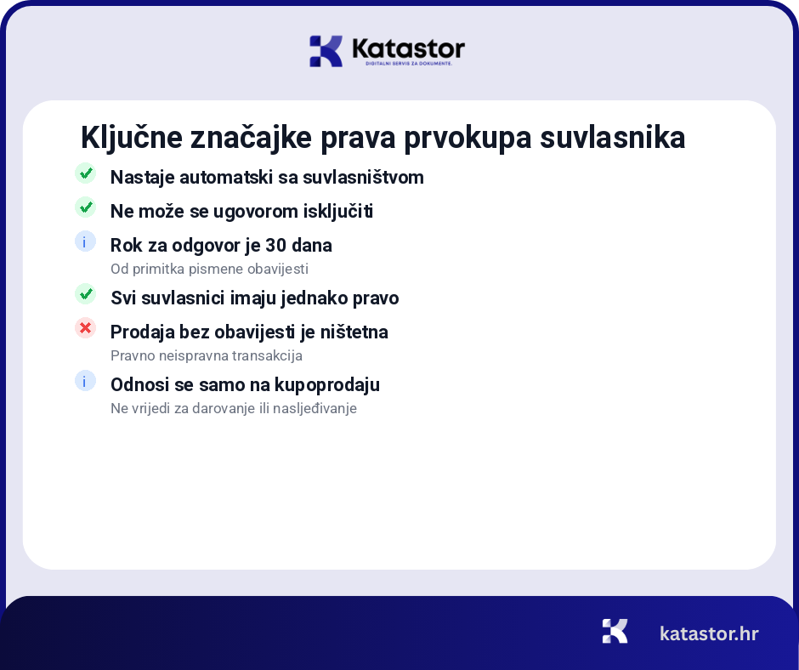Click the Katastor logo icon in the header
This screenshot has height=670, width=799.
[x=326, y=51]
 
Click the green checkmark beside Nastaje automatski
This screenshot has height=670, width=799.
[x=85, y=173]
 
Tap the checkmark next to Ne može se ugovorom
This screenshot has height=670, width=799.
[x=85, y=207]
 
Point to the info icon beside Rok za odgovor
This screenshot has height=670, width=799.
[x=85, y=241]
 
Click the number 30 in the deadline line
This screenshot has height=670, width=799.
[x=275, y=245]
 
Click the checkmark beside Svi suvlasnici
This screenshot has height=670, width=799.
[x=85, y=294]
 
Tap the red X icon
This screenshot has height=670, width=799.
[x=85, y=327]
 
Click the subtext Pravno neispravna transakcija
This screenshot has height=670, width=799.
[x=207, y=355]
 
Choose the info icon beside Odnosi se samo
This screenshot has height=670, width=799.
[x=85, y=381]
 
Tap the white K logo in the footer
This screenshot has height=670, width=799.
[x=615, y=631]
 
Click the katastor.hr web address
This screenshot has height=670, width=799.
[x=709, y=633]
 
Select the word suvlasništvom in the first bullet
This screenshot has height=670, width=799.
[x=369, y=178]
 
